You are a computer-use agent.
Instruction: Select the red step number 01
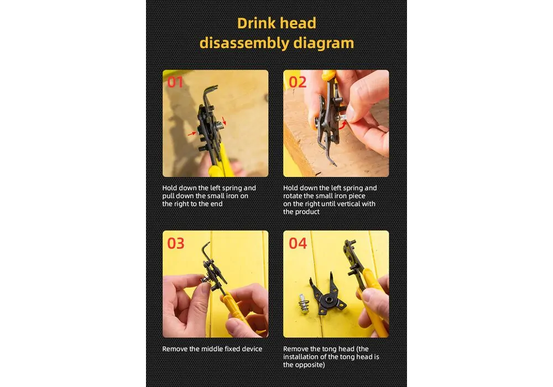pyautogui.click(x=175, y=82)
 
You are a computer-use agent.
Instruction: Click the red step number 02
pyautogui.click(x=298, y=82)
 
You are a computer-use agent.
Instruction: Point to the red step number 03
pyautogui.click(x=176, y=243)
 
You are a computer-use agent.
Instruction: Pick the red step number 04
pyautogui.click(x=298, y=243)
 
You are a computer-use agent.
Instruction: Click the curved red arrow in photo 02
pyautogui.click(x=342, y=124)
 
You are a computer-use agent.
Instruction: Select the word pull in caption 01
pyautogui.click(x=168, y=196)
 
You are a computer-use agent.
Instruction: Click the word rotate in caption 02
pyautogui.click(x=293, y=196)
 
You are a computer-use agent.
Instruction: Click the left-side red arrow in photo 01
pyautogui.click(x=191, y=134)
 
